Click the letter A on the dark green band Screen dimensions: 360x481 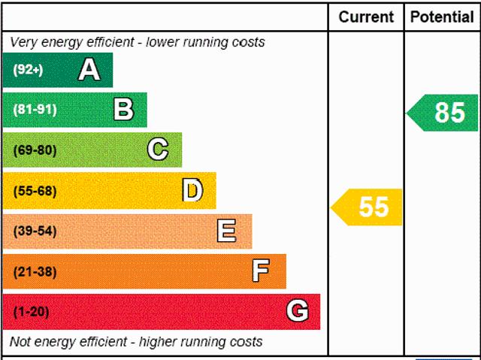[89, 70]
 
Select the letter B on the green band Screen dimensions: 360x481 [123, 110]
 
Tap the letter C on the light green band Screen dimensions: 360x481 [158, 150]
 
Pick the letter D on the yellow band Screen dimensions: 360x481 [192, 190]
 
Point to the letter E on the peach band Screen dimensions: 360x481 [226, 231]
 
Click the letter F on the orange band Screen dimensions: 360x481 [261, 271]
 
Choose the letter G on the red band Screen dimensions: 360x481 [297, 310]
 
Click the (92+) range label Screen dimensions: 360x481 [28, 71]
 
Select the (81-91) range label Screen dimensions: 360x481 [35, 110]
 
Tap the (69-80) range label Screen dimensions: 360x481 [35, 150]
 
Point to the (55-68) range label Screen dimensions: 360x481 [35, 191]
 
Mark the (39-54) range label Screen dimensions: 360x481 [35, 231]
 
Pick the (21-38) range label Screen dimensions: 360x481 [35, 271]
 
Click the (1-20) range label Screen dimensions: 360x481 [32, 311]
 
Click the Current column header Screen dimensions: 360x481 [366, 17]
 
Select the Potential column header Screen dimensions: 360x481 [442, 17]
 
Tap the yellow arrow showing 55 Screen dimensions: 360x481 [368, 207]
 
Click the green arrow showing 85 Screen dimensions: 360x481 [443, 113]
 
